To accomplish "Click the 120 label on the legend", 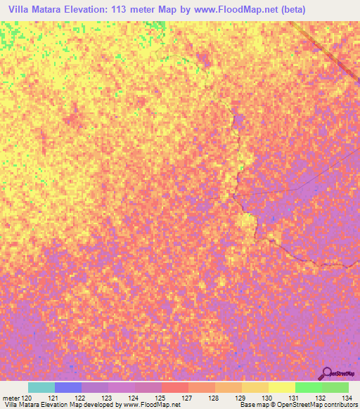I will (27, 397).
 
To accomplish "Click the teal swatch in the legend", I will (41, 387).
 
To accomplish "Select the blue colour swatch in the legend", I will (67, 387).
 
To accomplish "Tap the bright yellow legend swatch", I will (281, 387).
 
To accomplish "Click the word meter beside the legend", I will (10, 397).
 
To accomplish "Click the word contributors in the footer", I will (340, 405).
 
